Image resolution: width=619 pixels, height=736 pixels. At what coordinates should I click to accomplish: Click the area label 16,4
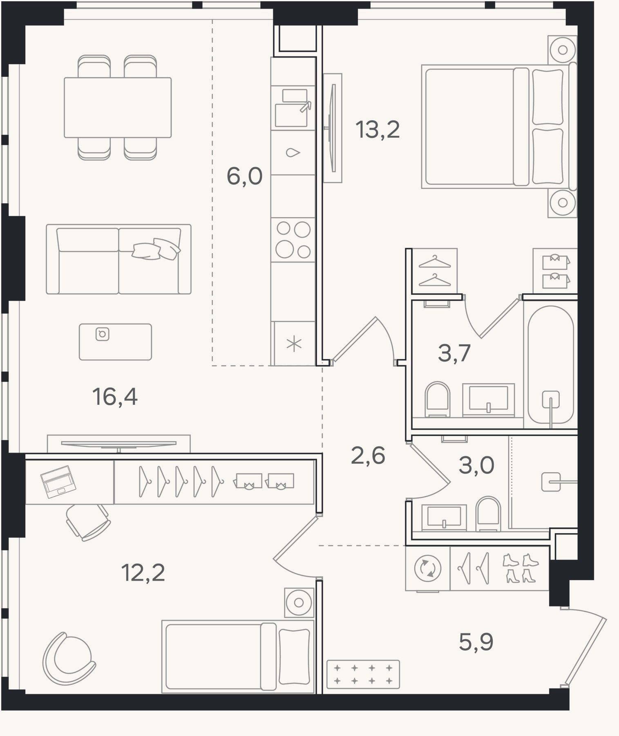pos(115,397)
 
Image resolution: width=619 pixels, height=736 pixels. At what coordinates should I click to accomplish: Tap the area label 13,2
pos(378,130)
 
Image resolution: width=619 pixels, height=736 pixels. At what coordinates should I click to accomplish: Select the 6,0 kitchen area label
pos(244,177)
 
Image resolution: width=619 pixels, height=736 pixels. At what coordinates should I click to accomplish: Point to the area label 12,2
pos(143,572)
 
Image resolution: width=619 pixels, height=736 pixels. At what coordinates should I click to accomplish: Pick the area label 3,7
pos(454,353)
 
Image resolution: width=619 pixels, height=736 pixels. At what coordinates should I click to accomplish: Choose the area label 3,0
pos(476,465)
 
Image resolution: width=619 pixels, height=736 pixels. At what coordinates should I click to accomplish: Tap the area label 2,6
pos(368,456)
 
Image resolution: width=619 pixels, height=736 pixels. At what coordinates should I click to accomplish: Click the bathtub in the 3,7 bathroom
pos(551,365)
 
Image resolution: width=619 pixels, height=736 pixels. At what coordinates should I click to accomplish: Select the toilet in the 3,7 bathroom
pos(437,399)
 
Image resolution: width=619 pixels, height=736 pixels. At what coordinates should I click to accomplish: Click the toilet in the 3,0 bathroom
pos(488,514)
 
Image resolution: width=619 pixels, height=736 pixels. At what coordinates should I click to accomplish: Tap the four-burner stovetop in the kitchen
pos(293,240)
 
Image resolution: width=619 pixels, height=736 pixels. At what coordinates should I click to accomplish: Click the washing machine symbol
pos(428,568)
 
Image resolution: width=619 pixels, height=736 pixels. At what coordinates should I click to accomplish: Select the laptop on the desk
pos(58,482)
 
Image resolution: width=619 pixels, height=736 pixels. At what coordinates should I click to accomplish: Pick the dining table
pos(118,108)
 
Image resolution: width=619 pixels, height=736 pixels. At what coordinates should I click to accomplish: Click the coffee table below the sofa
pos(116,342)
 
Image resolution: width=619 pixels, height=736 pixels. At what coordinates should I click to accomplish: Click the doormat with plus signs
pos(363,674)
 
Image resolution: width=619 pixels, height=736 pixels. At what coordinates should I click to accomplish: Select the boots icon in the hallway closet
pos(520,568)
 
